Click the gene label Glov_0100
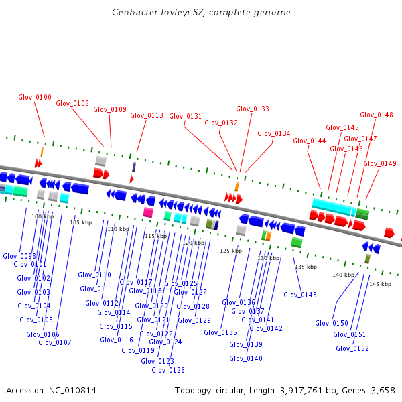click(35, 97)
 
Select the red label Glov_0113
click(147, 115)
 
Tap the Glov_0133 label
click(253, 109)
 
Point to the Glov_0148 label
click(377, 115)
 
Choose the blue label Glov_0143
click(299, 295)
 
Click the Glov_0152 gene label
click(352, 348)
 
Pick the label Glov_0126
click(168, 370)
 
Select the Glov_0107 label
click(55, 342)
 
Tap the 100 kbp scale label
click(42, 216)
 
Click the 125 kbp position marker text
click(230, 251)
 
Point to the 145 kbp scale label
click(380, 284)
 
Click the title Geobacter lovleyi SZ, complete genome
click(200, 13)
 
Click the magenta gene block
click(148, 212)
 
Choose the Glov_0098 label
click(19, 256)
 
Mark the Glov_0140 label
click(246, 358)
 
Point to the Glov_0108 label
click(72, 103)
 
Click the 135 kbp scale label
click(306, 267)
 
